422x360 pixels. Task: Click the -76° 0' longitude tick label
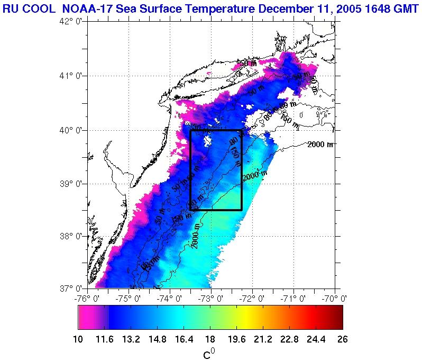(x=85, y=299)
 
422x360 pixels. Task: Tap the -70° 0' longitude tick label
(x=335, y=299)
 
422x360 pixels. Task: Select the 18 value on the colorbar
(x=210, y=339)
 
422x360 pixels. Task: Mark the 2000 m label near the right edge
(x=321, y=145)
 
